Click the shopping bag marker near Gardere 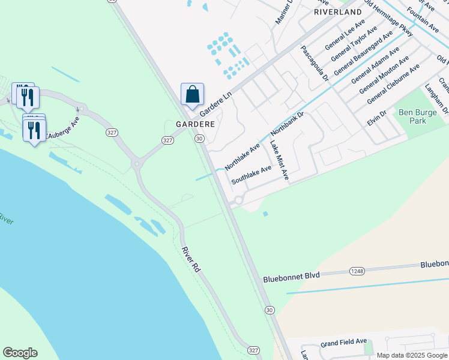click(192, 95)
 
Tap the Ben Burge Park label click(413, 116)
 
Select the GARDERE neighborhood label click(195, 124)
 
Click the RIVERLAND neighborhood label click(338, 12)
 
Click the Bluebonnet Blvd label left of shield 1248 click(291, 277)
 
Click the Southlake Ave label click(252, 174)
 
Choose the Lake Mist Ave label click(279, 160)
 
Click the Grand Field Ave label click(343, 342)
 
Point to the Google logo click(20, 353)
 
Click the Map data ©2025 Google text click(412, 355)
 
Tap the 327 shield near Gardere click(167, 140)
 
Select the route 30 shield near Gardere click(199, 139)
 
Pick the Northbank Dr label click(288, 123)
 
